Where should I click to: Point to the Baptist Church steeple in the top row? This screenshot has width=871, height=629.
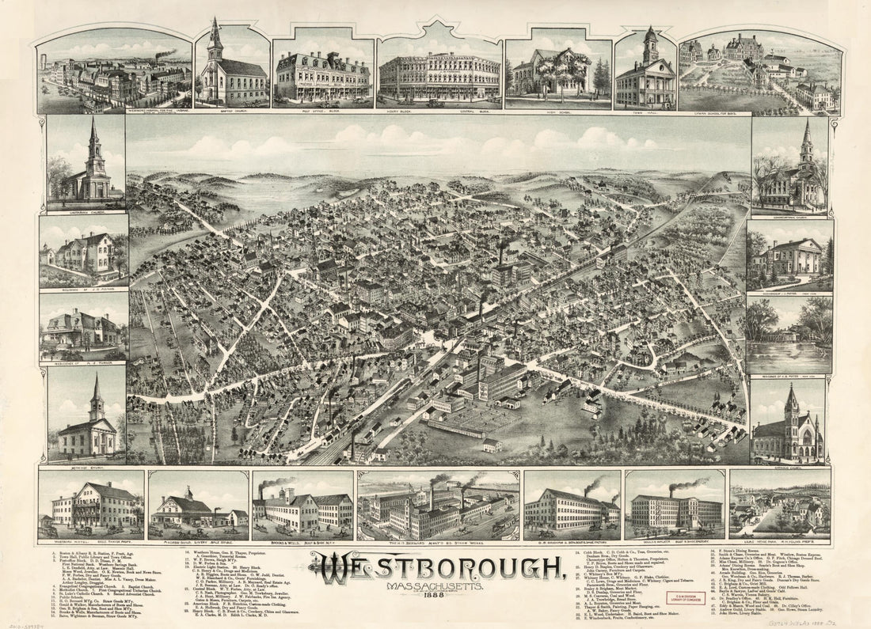point(215,40)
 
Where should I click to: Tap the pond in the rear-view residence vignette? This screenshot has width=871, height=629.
point(788,348)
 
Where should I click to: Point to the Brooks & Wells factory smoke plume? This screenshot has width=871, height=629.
point(277,483)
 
